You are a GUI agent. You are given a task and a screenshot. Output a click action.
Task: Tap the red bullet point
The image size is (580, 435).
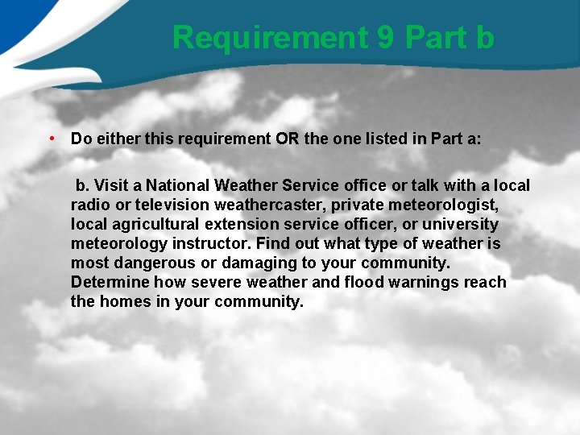(x=51, y=138)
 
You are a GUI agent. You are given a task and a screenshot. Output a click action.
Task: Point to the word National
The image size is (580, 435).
(x=182, y=185)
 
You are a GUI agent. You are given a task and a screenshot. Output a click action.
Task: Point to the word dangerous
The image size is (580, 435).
(x=155, y=263)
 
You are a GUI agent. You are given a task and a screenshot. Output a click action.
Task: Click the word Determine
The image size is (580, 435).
(x=110, y=282)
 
